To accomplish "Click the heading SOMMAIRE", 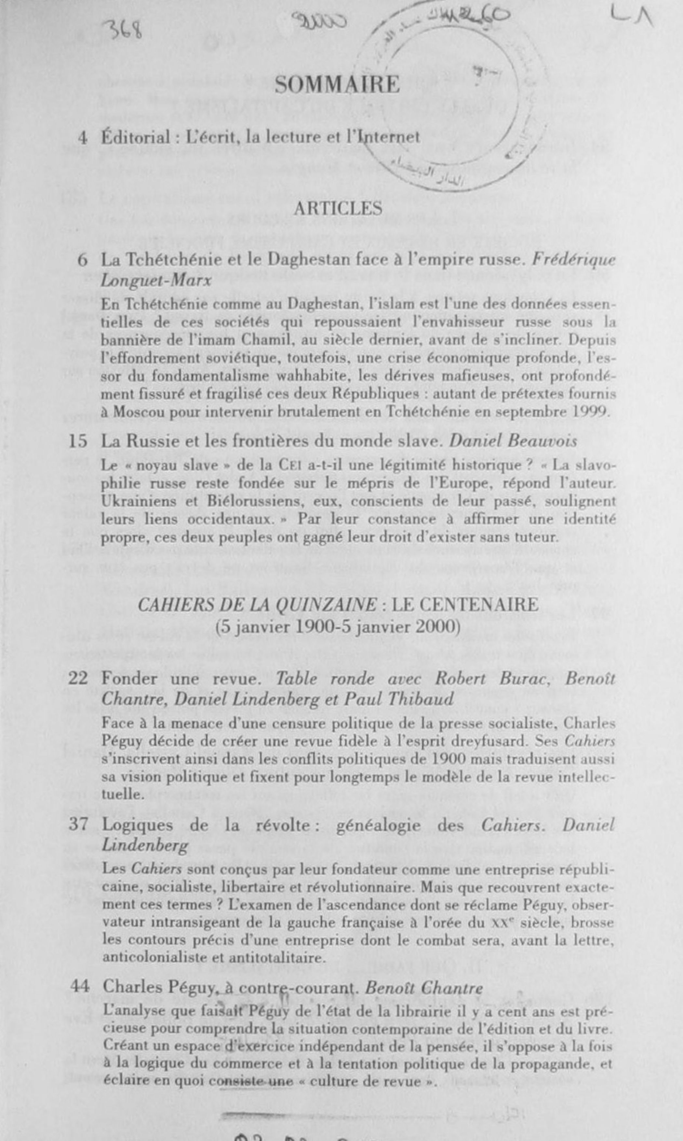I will tap(337, 85).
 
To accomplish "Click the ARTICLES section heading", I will tap(338, 209).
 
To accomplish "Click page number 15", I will tap(78, 441).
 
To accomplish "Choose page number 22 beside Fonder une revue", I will tap(78, 678).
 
